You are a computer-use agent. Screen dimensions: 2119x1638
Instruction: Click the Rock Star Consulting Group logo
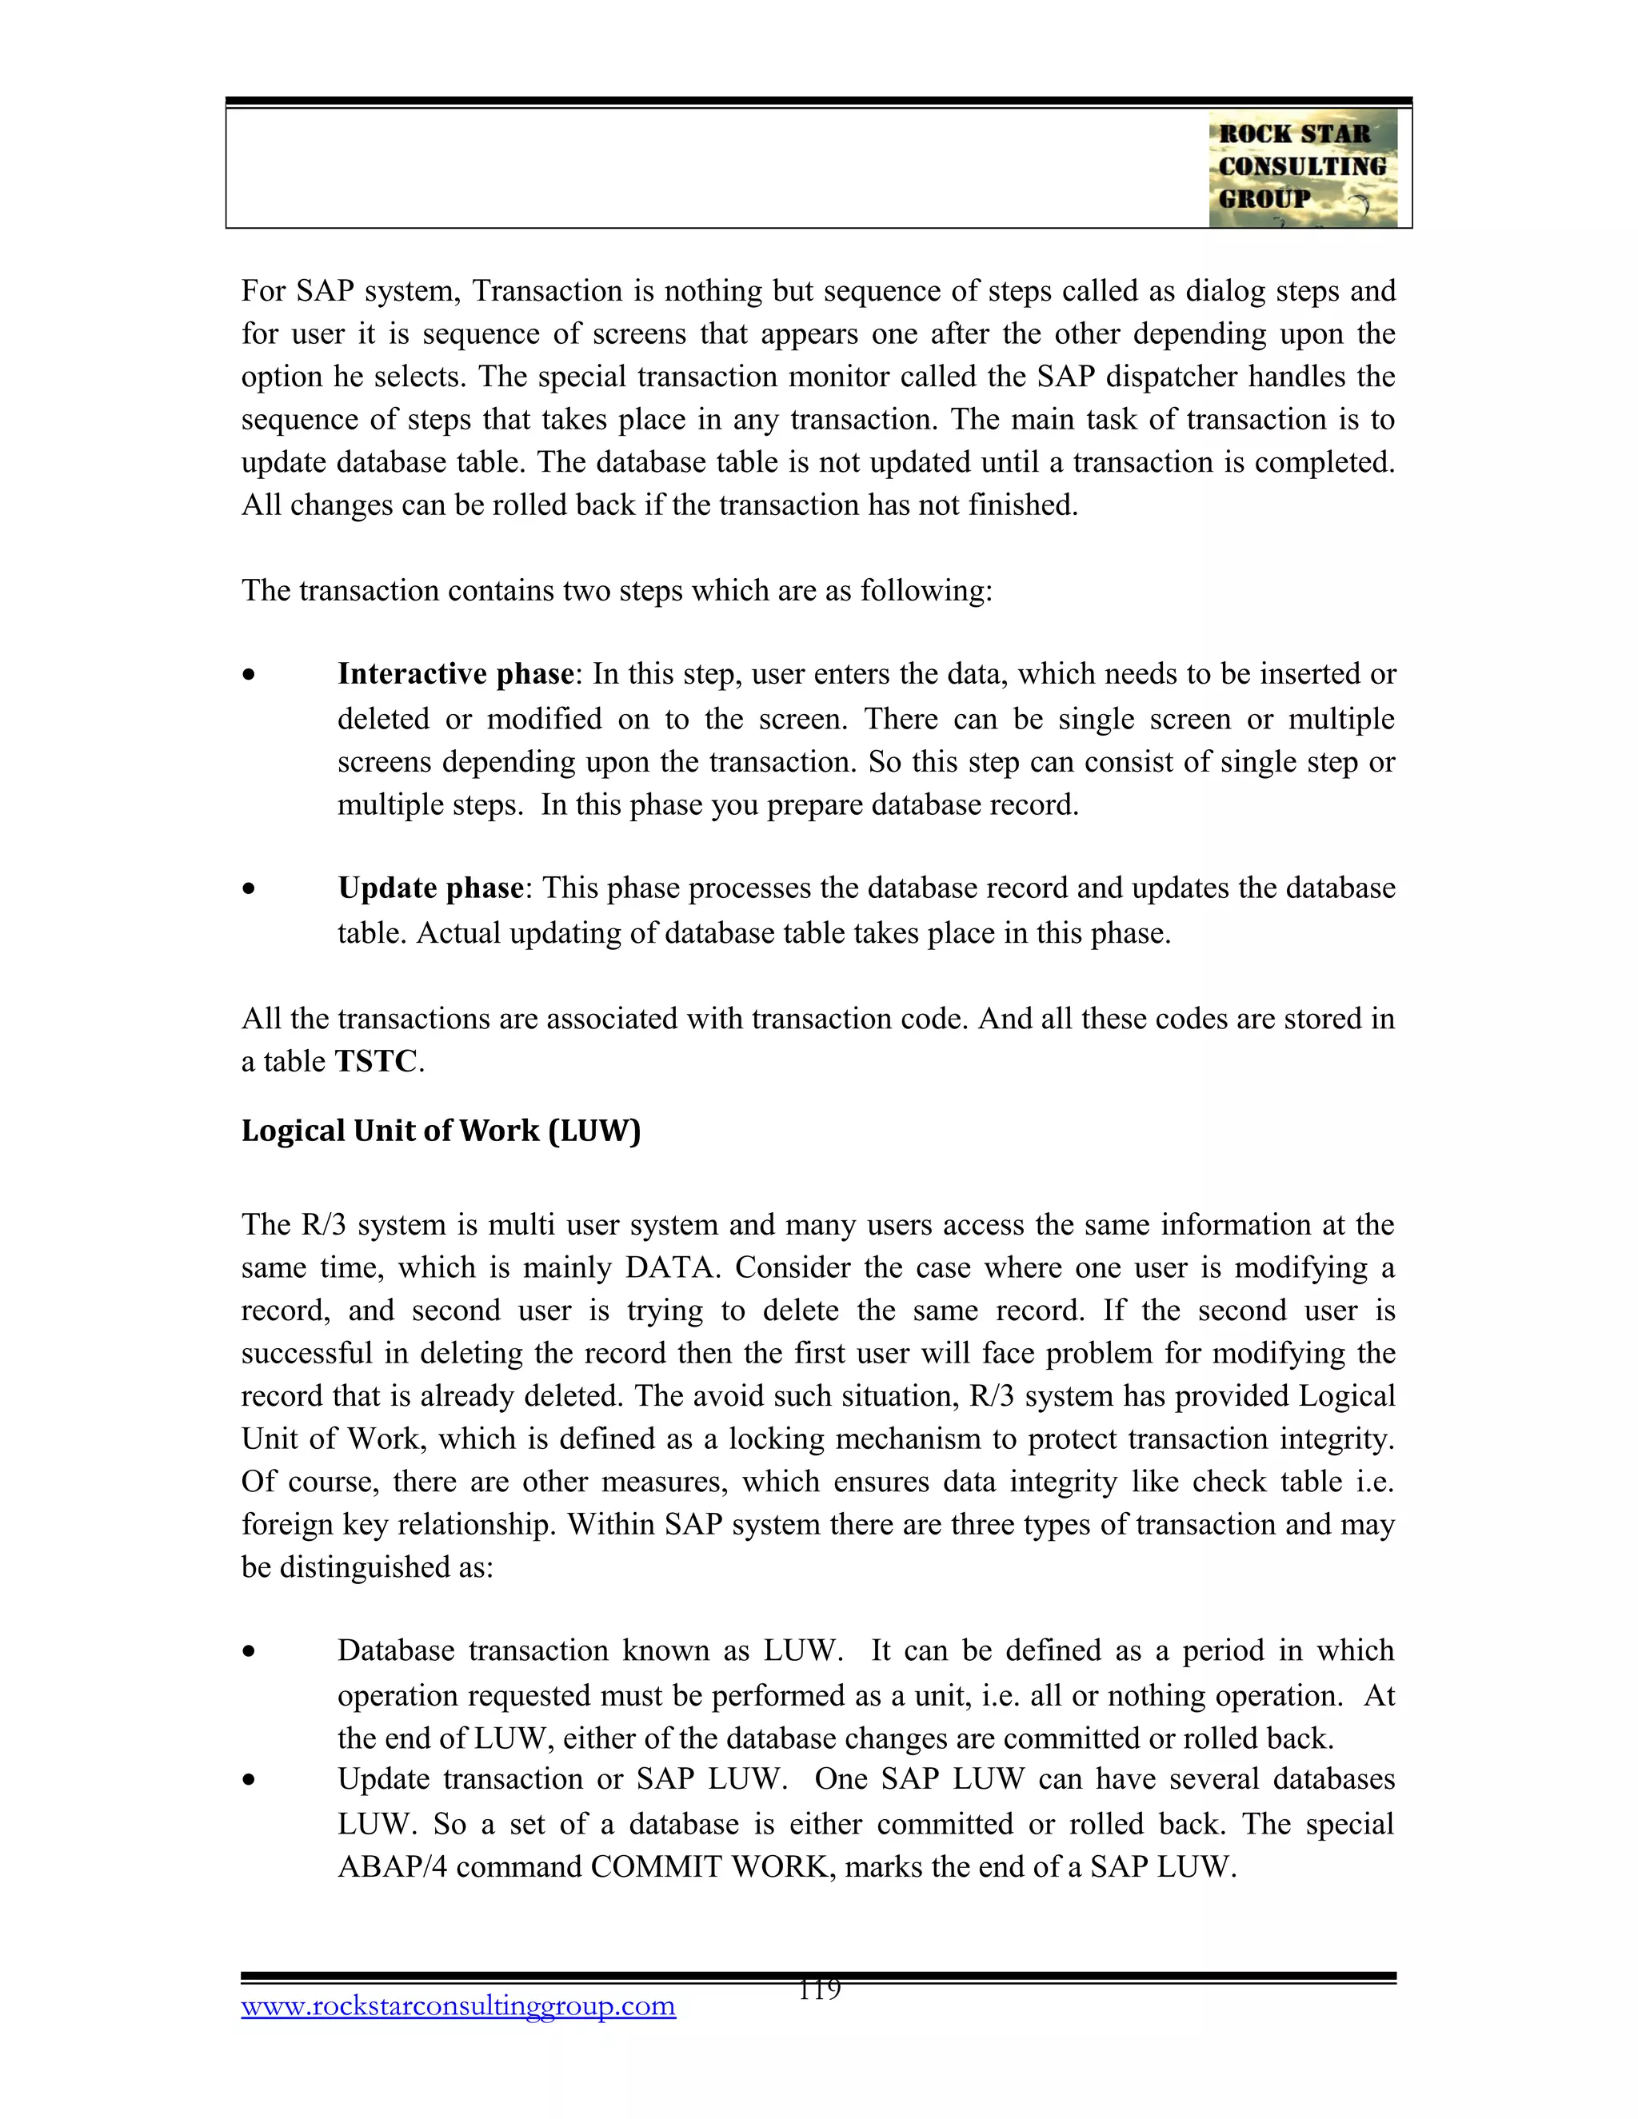point(1302,168)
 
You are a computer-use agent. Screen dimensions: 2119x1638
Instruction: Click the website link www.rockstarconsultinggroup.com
point(458,2006)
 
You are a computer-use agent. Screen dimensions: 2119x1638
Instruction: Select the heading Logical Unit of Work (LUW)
point(441,1131)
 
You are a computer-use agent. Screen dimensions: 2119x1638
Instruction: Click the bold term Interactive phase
point(455,674)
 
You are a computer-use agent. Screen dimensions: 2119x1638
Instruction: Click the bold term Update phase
point(431,888)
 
